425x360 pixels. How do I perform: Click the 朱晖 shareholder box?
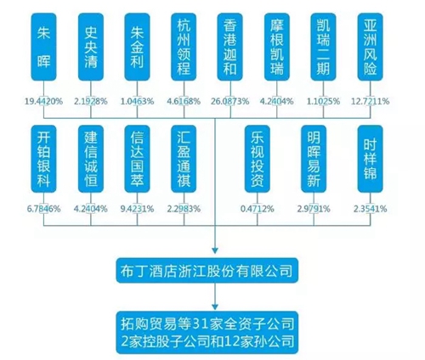click(x=43, y=47)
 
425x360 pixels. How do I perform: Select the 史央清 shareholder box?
click(x=91, y=47)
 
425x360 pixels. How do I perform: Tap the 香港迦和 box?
click(x=230, y=47)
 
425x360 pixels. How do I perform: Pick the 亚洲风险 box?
click(x=370, y=47)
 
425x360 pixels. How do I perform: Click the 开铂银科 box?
click(x=43, y=159)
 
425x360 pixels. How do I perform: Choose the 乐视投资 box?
click(x=258, y=159)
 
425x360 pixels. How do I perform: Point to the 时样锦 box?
click(x=370, y=159)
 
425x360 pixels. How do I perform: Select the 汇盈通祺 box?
click(x=184, y=159)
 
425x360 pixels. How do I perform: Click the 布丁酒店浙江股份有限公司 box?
click(x=207, y=271)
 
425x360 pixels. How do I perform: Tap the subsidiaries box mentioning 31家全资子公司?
click(x=207, y=332)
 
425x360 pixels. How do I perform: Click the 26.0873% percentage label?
click(x=230, y=101)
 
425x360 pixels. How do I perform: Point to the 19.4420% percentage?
click(x=43, y=101)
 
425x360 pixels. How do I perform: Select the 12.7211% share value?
click(x=370, y=101)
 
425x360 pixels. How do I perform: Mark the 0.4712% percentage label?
click(x=258, y=209)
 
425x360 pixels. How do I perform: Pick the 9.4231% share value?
click(x=137, y=209)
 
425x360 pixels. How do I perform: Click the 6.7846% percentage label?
click(x=43, y=209)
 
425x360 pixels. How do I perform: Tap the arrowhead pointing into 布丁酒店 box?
click(x=215, y=250)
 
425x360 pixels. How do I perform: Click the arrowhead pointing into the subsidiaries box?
click(x=215, y=307)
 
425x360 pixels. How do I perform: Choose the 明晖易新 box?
click(x=314, y=159)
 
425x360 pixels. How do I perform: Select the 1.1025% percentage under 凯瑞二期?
click(x=323, y=101)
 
